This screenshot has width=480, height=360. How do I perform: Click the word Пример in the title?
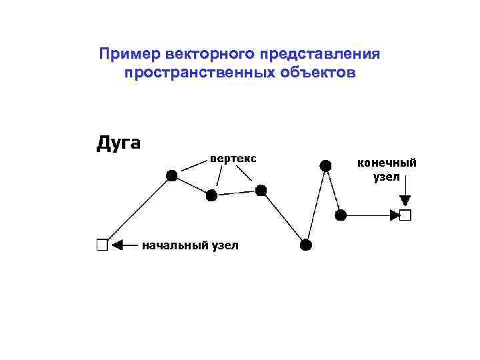point(130,53)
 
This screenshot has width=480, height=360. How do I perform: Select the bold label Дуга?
point(119,143)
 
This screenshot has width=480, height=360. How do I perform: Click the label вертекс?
point(233,159)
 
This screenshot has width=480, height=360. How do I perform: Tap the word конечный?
point(387,162)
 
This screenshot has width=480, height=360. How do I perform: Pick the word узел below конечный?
point(387,177)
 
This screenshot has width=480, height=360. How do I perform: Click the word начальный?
point(174,245)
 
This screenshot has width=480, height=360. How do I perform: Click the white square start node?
point(101,245)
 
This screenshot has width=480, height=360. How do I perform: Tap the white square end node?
point(405,215)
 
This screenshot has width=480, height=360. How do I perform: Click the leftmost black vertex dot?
point(171,175)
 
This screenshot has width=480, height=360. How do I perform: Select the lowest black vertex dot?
point(305,245)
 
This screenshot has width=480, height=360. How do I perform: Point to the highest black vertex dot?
point(325,165)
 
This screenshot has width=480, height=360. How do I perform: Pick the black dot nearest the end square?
point(341,215)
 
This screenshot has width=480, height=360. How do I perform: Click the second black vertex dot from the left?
point(211,195)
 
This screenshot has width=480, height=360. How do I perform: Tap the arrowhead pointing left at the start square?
point(118,245)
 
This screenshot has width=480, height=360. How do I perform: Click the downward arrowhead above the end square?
point(405,201)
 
